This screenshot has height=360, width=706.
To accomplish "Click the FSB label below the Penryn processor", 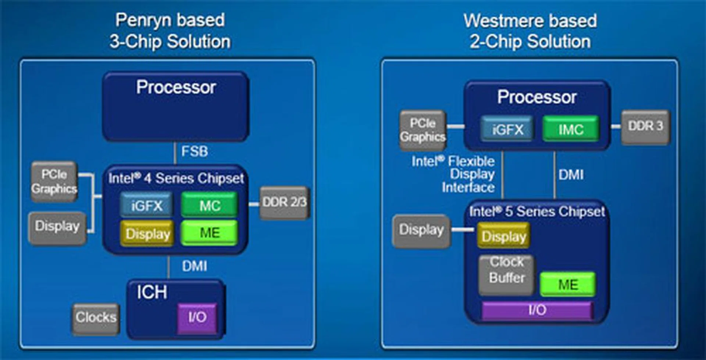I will [194, 151].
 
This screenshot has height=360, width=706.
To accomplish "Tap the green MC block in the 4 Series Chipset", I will [209, 205].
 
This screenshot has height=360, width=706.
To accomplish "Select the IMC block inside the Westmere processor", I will [570, 129].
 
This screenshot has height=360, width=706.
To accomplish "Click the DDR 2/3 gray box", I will [284, 203].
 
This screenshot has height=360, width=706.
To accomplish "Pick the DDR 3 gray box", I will [645, 126].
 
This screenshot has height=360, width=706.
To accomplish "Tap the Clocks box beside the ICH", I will [96, 318].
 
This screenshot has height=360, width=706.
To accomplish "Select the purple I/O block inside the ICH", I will [197, 318].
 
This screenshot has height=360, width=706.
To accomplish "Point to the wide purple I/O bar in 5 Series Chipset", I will [537, 310].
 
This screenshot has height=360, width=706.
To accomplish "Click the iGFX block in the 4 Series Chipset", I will [147, 205].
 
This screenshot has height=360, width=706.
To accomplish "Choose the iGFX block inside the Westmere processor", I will [507, 129].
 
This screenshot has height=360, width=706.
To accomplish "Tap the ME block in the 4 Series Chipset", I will [209, 233].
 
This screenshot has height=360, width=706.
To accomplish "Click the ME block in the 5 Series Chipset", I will [568, 284].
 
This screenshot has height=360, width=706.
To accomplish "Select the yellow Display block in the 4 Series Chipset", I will [147, 234].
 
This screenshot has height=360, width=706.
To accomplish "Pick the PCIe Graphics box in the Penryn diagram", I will [54, 181].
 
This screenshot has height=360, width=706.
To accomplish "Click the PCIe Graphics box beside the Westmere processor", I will [423, 130].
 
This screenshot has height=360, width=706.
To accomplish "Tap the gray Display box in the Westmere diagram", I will [421, 230].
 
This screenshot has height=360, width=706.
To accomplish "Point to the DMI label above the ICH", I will [194, 266].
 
